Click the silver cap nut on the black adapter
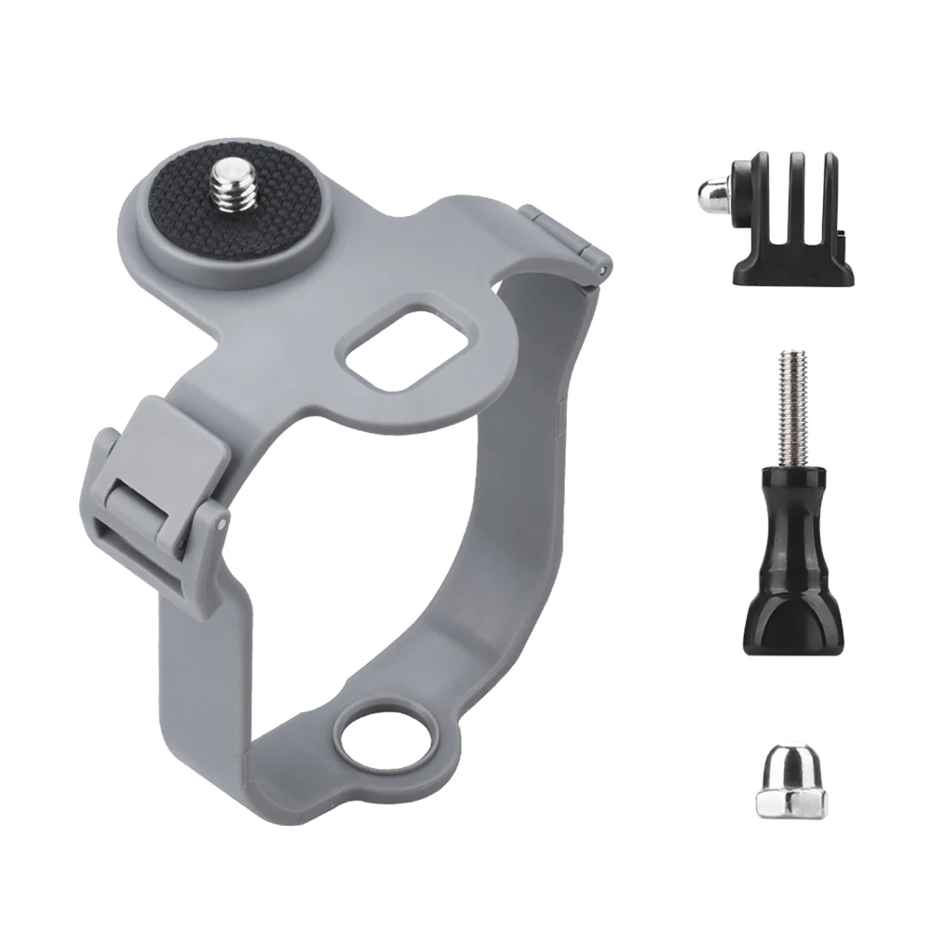pos(710,193)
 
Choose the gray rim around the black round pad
pos(140,233)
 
